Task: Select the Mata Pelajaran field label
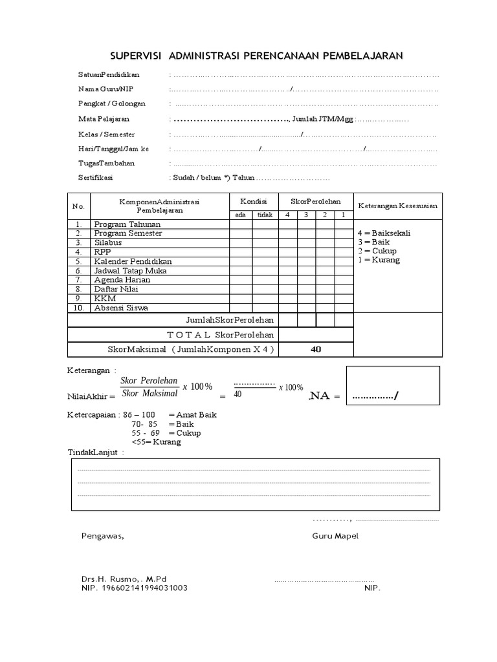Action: click(104, 119)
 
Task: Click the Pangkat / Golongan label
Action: click(112, 103)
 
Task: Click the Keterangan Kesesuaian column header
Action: click(397, 206)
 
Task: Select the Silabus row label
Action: click(107, 242)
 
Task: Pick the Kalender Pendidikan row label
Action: click(133, 261)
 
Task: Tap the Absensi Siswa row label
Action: click(121, 308)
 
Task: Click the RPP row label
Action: click(102, 251)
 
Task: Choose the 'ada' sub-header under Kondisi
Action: click(240, 215)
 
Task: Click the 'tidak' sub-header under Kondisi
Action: click(265, 215)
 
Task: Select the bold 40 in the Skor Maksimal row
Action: click(316, 349)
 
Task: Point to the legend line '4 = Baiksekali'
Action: click(384, 233)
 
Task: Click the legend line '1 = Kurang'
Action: click(379, 260)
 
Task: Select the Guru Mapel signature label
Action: click(335, 536)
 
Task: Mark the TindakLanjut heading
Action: click(93, 452)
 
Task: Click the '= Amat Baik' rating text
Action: click(192, 414)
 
